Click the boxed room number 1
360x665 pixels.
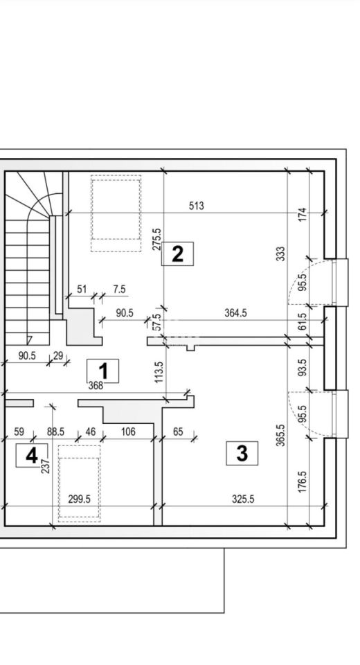point(102,371)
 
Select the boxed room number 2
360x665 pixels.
point(177,254)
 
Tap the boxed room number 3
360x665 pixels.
point(242,453)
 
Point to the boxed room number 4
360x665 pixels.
point(32,456)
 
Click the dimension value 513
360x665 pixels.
point(197,206)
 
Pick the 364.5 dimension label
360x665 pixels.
point(235,313)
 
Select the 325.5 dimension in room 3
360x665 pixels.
point(243,499)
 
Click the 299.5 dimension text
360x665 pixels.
point(80,499)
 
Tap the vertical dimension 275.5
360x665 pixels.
point(157,239)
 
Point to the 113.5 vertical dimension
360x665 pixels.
point(159,373)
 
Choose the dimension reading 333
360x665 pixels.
point(280,254)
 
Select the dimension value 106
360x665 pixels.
point(128,432)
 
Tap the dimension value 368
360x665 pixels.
point(96,386)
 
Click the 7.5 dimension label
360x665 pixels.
point(119,290)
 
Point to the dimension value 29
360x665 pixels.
point(57,355)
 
